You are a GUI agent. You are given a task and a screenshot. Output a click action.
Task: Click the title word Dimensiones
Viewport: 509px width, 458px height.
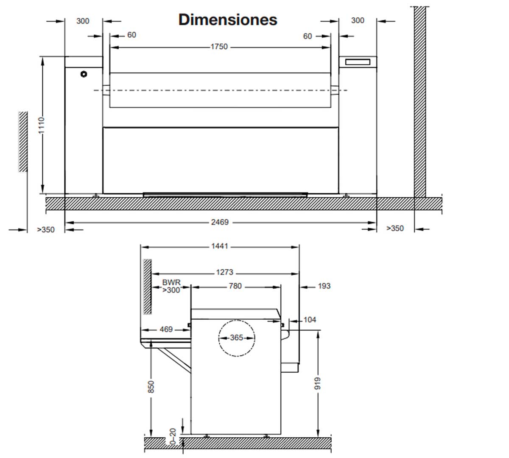point(228,20)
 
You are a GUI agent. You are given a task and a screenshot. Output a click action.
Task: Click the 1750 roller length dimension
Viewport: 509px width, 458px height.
point(219,47)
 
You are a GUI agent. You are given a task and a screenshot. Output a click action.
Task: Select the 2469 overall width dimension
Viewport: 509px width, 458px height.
point(220,222)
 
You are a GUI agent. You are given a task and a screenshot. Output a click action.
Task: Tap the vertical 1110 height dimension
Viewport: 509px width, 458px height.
point(41,126)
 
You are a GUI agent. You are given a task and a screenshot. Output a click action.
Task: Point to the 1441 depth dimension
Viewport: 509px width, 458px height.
point(220,246)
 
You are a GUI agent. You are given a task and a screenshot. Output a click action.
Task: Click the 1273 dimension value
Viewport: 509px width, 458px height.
point(224,272)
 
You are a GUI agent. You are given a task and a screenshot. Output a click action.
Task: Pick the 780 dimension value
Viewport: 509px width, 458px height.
point(235,286)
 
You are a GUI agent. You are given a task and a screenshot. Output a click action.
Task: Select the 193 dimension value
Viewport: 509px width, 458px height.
point(324,286)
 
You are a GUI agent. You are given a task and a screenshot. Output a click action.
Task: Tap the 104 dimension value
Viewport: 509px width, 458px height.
point(310,320)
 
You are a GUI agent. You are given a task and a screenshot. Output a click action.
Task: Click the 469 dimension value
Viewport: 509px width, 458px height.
point(166,330)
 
